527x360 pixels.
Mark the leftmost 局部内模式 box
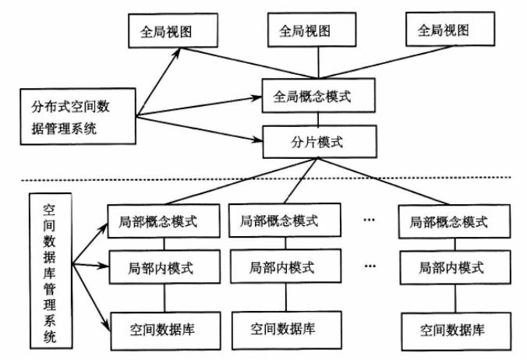[x=162, y=267]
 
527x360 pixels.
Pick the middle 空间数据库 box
[x=281, y=327]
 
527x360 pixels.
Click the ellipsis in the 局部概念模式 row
[x=370, y=221]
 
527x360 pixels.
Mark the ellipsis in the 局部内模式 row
[x=370, y=266]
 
